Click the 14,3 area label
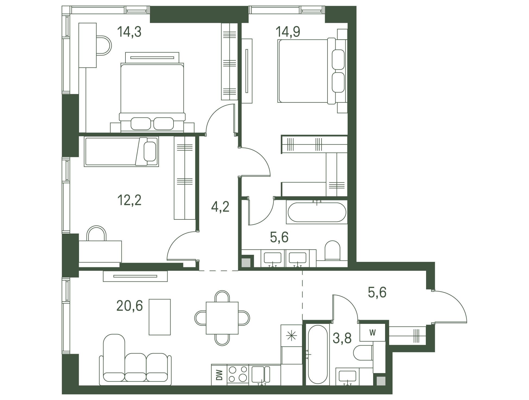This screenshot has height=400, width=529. click(129, 32)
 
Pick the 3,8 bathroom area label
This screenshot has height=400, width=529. click(342, 338)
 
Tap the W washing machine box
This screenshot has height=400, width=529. click(372, 333)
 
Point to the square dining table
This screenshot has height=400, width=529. click(222, 318)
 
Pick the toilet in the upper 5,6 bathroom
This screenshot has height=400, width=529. click(332, 250)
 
